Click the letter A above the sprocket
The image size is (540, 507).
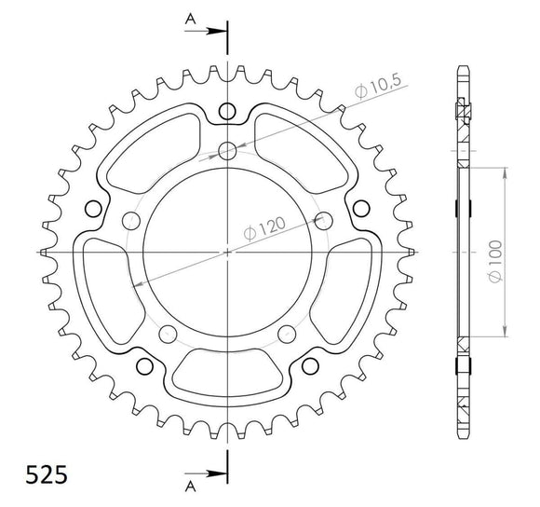point(190,18)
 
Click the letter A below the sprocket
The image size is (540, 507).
point(190,486)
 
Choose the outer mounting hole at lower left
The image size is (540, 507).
point(144,364)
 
